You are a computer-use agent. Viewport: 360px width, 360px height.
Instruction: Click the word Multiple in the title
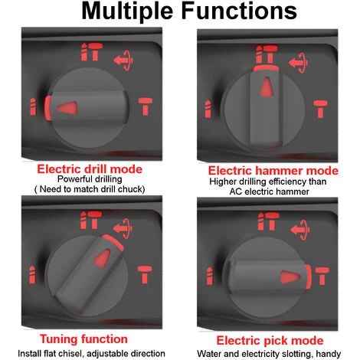pyautogui.click(x=127, y=11)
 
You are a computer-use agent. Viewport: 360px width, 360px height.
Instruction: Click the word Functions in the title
pyautogui.click(x=239, y=11)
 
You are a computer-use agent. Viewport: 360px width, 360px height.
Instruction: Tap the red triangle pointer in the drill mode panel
pyautogui.click(x=67, y=107)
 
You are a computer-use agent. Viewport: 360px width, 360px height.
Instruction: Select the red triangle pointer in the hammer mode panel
pyautogui.click(x=267, y=87)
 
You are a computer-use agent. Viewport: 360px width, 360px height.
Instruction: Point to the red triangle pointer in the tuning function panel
pyautogui.click(x=103, y=258)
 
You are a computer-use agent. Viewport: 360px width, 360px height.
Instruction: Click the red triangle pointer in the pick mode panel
pyautogui.click(x=290, y=277)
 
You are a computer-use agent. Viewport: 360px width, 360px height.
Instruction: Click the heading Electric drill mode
pyautogui.click(x=90, y=169)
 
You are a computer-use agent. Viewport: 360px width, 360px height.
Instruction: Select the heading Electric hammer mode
pyautogui.click(x=273, y=171)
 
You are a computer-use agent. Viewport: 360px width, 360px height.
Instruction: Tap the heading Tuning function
pyautogui.click(x=83, y=339)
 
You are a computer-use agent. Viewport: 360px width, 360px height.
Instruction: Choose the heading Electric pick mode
pyautogui.click(x=270, y=341)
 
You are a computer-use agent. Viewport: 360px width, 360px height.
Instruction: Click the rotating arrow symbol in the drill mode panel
pyautogui.click(x=123, y=61)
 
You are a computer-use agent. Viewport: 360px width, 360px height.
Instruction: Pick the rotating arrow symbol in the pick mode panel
pyautogui.click(x=300, y=230)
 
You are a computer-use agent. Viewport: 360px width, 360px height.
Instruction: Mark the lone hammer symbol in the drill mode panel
pyautogui.click(x=146, y=106)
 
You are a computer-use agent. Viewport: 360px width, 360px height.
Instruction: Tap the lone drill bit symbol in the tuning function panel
pyautogui.click(x=32, y=275)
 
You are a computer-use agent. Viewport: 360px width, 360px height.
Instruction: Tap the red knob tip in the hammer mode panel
pyautogui.click(x=266, y=68)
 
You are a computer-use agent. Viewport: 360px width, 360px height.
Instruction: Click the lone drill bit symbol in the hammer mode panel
pyautogui.click(x=208, y=109)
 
